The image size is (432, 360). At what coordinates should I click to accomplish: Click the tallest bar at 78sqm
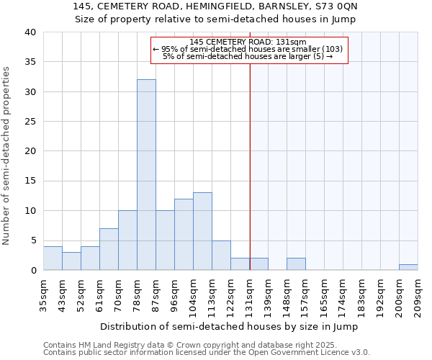pos(146,175)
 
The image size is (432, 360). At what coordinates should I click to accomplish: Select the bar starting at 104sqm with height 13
pos(202,231)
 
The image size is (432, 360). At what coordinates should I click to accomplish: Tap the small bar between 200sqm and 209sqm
pos(408,267)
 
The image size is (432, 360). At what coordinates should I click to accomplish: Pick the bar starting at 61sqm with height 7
pos(109,249)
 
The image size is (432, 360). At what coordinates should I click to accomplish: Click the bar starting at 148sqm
pos(296,264)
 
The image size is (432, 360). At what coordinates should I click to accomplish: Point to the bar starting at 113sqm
pos(221,255)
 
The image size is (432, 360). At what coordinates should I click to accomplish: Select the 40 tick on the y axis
pos(30,32)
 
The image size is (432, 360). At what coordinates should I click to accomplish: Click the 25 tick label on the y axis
pos(30,122)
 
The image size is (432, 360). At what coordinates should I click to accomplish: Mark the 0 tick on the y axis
pos(32,271)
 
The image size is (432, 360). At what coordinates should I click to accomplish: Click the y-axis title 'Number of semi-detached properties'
pos(6,156)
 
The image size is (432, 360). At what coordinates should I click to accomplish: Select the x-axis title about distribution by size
pos(229,326)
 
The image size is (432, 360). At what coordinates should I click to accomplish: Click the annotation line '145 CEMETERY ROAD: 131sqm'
pos(248,42)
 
